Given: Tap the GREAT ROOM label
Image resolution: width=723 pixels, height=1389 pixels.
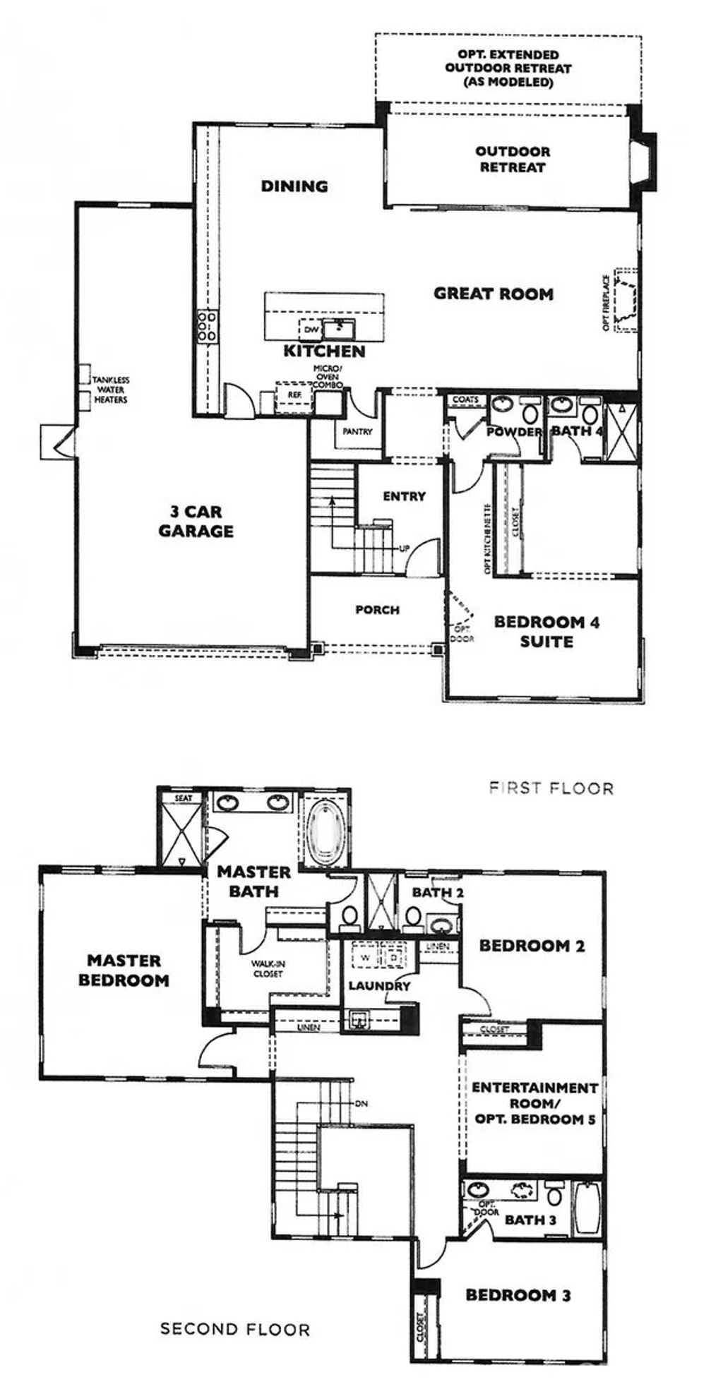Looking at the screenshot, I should coord(493,294).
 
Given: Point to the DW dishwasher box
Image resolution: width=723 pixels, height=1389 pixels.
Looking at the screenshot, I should coord(311,330).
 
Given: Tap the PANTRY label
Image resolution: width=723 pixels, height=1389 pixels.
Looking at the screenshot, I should coord(357,432).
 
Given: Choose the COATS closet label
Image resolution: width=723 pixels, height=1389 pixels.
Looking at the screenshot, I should coord(465,399).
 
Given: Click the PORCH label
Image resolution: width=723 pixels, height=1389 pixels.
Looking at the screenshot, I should coord(377,610).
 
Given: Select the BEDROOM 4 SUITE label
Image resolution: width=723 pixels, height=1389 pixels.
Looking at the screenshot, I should coord(546,632).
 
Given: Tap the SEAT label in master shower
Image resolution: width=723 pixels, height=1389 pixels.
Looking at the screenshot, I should coord(184,798).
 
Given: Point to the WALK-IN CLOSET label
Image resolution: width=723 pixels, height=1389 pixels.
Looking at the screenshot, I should coord(267,968).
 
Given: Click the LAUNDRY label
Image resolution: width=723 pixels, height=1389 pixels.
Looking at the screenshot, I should coord(379,986).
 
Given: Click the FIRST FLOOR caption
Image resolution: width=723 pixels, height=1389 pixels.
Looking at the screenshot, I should coord(551,788).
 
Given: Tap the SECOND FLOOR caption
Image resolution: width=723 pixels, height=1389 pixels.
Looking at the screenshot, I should coord(235,1330).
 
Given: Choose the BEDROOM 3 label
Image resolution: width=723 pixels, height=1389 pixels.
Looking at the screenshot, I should coord(518,1295).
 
